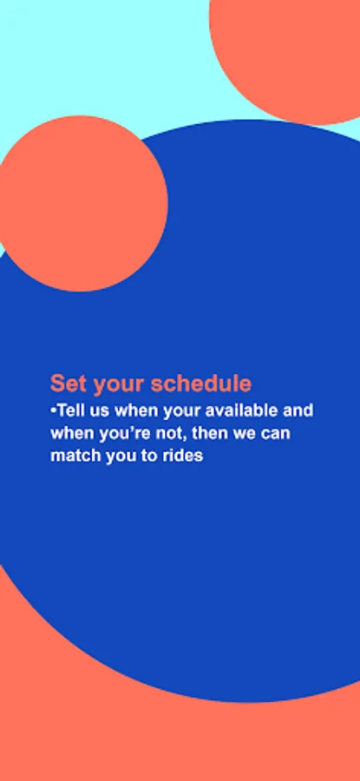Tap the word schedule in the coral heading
point(201,384)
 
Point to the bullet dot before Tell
point(53,410)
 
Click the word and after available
point(298,411)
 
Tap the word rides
point(183,456)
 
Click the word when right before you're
point(72,433)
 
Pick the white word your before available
point(182,413)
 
